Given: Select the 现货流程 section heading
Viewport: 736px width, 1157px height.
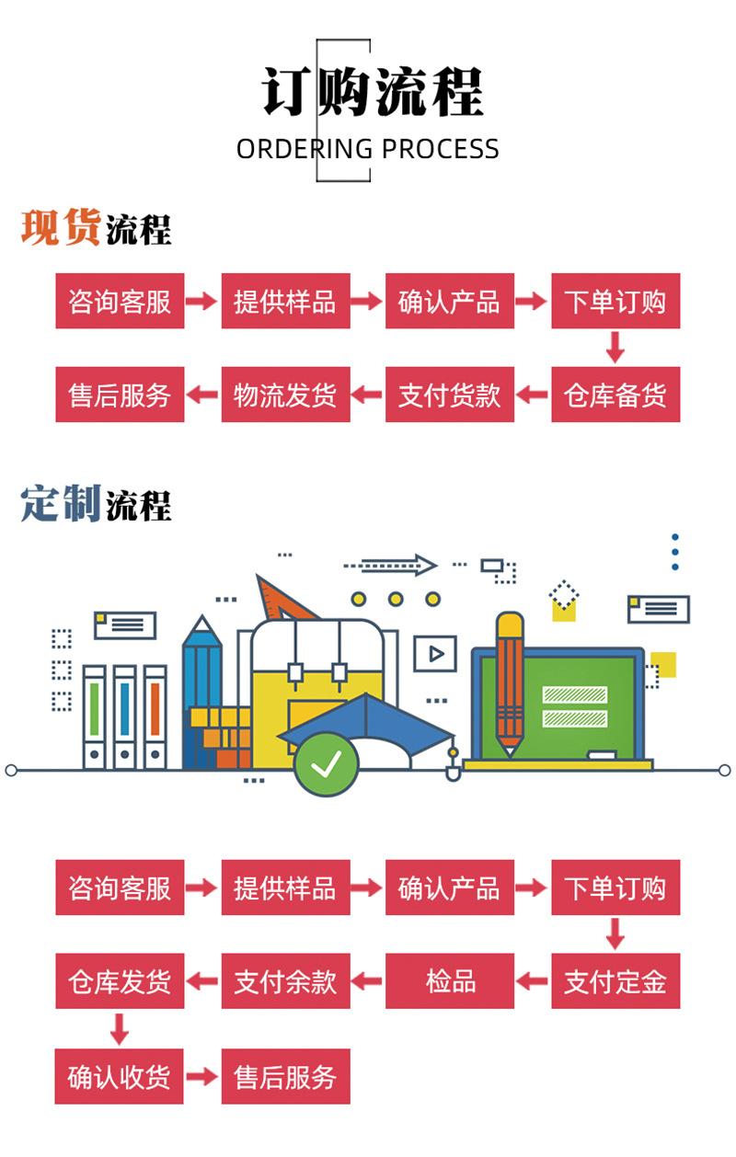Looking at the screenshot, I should click(x=96, y=228).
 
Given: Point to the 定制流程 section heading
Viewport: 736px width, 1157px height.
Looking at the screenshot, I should click(x=96, y=505).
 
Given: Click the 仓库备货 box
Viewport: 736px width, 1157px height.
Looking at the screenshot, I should click(x=615, y=395).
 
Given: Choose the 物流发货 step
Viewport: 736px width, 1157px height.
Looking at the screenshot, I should click(x=285, y=395).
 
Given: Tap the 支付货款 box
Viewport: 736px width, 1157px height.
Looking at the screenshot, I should click(x=450, y=395).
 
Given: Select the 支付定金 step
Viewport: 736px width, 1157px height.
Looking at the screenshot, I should click(x=615, y=981).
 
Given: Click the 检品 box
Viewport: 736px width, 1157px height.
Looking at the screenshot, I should click(x=450, y=981).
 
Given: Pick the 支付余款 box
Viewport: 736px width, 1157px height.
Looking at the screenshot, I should click(x=285, y=981).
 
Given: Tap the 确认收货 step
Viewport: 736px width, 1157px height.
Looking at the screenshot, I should click(x=120, y=1076).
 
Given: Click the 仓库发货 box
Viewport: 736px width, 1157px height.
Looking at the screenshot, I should click(x=120, y=981).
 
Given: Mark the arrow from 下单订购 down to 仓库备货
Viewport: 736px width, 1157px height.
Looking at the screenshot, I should click(x=615, y=348).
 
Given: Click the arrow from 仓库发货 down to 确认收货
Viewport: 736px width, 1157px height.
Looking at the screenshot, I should click(x=119, y=1028).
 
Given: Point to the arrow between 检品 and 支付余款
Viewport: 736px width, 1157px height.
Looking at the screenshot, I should click(x=368, y=981).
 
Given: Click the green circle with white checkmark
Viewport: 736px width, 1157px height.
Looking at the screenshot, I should click(x=326, y=763).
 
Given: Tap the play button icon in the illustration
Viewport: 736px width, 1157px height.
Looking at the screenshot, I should click(x=435, y=654).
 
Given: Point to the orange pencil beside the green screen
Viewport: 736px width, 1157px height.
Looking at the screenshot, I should click(x=509, y=681).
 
